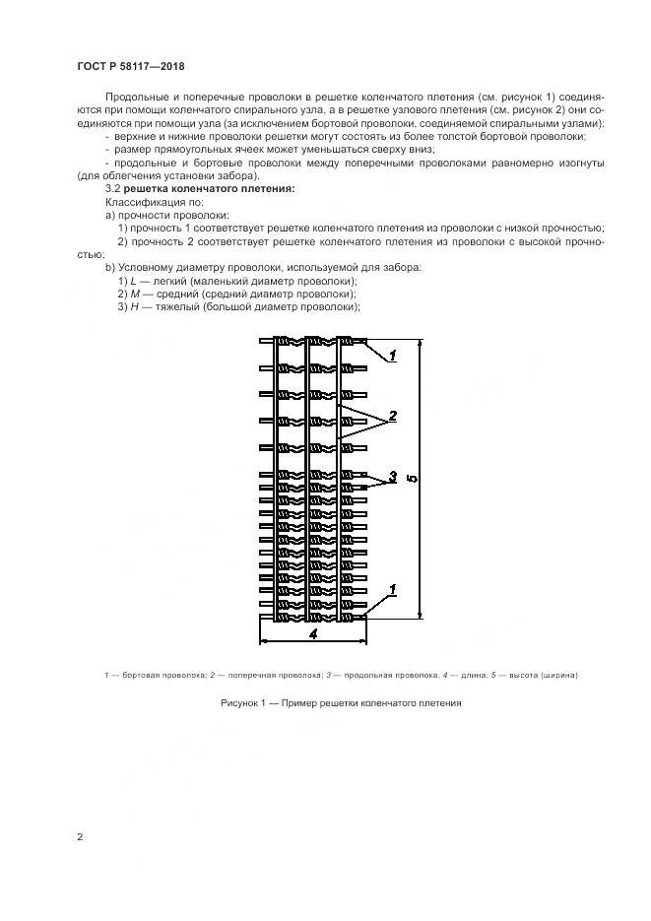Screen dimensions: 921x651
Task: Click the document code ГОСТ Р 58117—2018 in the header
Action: (129, 66)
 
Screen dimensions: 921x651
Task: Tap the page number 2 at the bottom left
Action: (80, 837)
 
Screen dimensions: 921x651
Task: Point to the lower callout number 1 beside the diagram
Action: (392, 590)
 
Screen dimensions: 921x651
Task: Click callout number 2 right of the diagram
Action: (392, 417)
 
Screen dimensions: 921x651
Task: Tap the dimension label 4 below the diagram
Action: (312, 635)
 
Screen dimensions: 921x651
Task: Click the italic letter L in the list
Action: (133, 281)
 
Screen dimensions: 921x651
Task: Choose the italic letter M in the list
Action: (135, 294)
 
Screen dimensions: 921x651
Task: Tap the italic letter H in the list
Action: (134, 306)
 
